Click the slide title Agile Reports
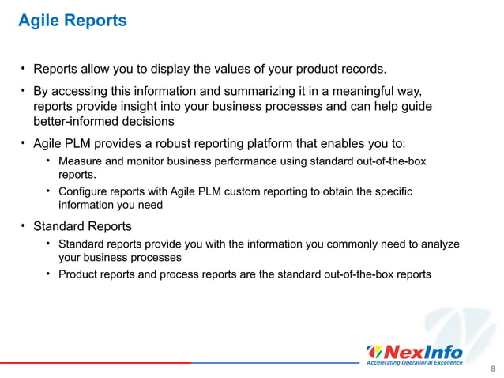click(72, 21)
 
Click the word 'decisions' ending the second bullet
click(148, 123)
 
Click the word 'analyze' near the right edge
click(440, 244)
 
